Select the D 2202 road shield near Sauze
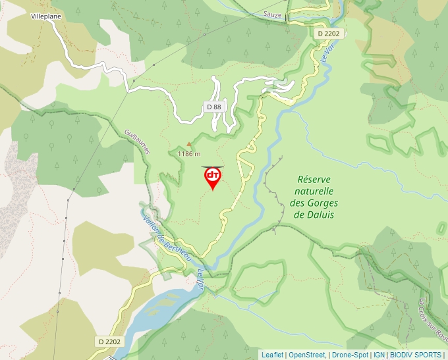(x=327, y=33)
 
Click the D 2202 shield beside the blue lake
(x=110, y=342)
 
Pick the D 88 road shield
(x=213, y=107)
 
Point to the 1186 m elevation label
(x=189, y=153)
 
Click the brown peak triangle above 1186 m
(x=190, y=143)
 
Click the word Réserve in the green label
(x=314, y=179)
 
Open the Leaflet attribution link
(x=272, y=355)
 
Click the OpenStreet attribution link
(x=307, y=355)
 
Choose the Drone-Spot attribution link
(x=350, y=355)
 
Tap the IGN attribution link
(x=379, y=355)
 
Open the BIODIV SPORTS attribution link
(x=416, y=355)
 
